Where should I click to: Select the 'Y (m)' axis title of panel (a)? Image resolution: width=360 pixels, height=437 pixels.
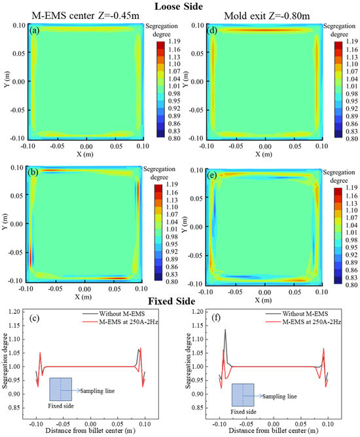tap(6, 81)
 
